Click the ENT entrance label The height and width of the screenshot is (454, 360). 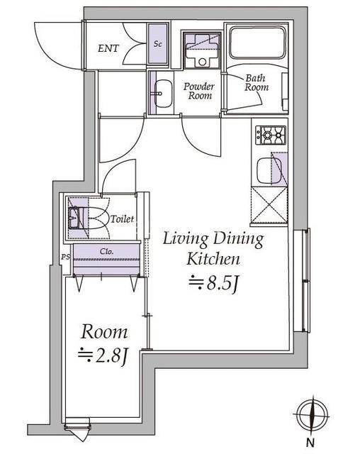coord(108,48)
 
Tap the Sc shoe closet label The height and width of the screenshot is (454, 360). coord(158,44)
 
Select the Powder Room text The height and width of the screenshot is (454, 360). coord(199,91)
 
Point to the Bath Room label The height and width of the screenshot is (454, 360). coord(257,83)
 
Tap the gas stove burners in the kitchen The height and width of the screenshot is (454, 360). coord(271,135)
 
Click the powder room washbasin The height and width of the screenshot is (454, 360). coord(164,94)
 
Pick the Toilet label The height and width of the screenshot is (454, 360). coord(123,218)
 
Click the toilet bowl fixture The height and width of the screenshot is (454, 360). coord(86,218)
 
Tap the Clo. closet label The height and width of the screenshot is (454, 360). coord(107,251)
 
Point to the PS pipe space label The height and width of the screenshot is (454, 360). coord(66,257)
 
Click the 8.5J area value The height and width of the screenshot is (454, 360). coord(215,284)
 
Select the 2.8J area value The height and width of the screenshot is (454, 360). coord(103,355)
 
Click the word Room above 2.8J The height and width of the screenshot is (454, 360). coord(104,332)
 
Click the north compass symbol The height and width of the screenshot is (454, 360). coord(312,414)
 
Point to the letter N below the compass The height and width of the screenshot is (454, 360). coord(310,442)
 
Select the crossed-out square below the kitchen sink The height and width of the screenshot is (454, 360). coord(269,205)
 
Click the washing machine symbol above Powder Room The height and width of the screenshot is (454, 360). coord(202,50)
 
